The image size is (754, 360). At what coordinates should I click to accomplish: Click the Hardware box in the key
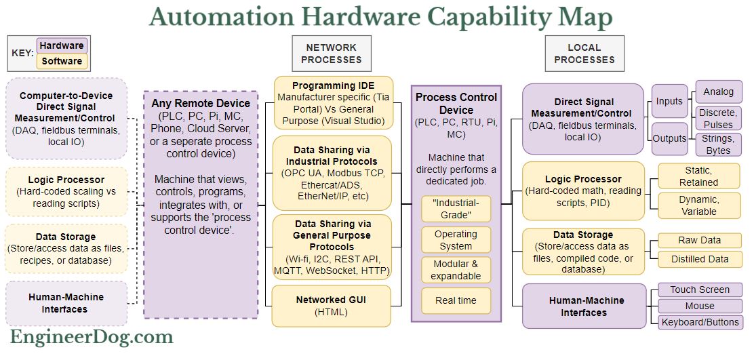tap(62, 46)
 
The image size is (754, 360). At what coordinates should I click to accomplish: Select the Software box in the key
tap(62, 62)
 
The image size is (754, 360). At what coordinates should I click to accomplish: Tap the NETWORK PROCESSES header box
tap(332, 54)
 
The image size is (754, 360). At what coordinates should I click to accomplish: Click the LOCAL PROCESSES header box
tap(584, 54)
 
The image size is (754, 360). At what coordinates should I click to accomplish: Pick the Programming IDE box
tap(334, 104)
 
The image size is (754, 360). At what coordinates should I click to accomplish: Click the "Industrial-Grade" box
tap(456, 209)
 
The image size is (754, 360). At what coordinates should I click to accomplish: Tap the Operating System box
tap(456, 240)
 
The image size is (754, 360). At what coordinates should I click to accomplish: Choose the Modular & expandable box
tap(456, 270)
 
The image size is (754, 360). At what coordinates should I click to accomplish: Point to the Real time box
tap(456, 300)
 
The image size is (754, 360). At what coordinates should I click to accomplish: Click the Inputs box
tap(669, 102)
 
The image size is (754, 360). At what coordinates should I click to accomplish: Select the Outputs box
tap(669, 138)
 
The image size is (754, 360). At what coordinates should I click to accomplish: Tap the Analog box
tap(718, 92)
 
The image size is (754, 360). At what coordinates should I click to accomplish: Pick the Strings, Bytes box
tap(718, 144)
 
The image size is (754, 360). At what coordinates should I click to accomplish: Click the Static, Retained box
tap(698, 176)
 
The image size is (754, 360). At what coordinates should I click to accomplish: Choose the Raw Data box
tap(700, 241)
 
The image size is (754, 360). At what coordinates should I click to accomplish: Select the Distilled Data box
tap(700, 259)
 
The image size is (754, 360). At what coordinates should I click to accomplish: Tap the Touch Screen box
tap(700, 290)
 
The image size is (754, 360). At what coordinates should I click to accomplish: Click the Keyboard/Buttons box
tap(700, 322)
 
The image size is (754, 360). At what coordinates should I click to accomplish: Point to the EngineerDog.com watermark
tap(92, 336)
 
